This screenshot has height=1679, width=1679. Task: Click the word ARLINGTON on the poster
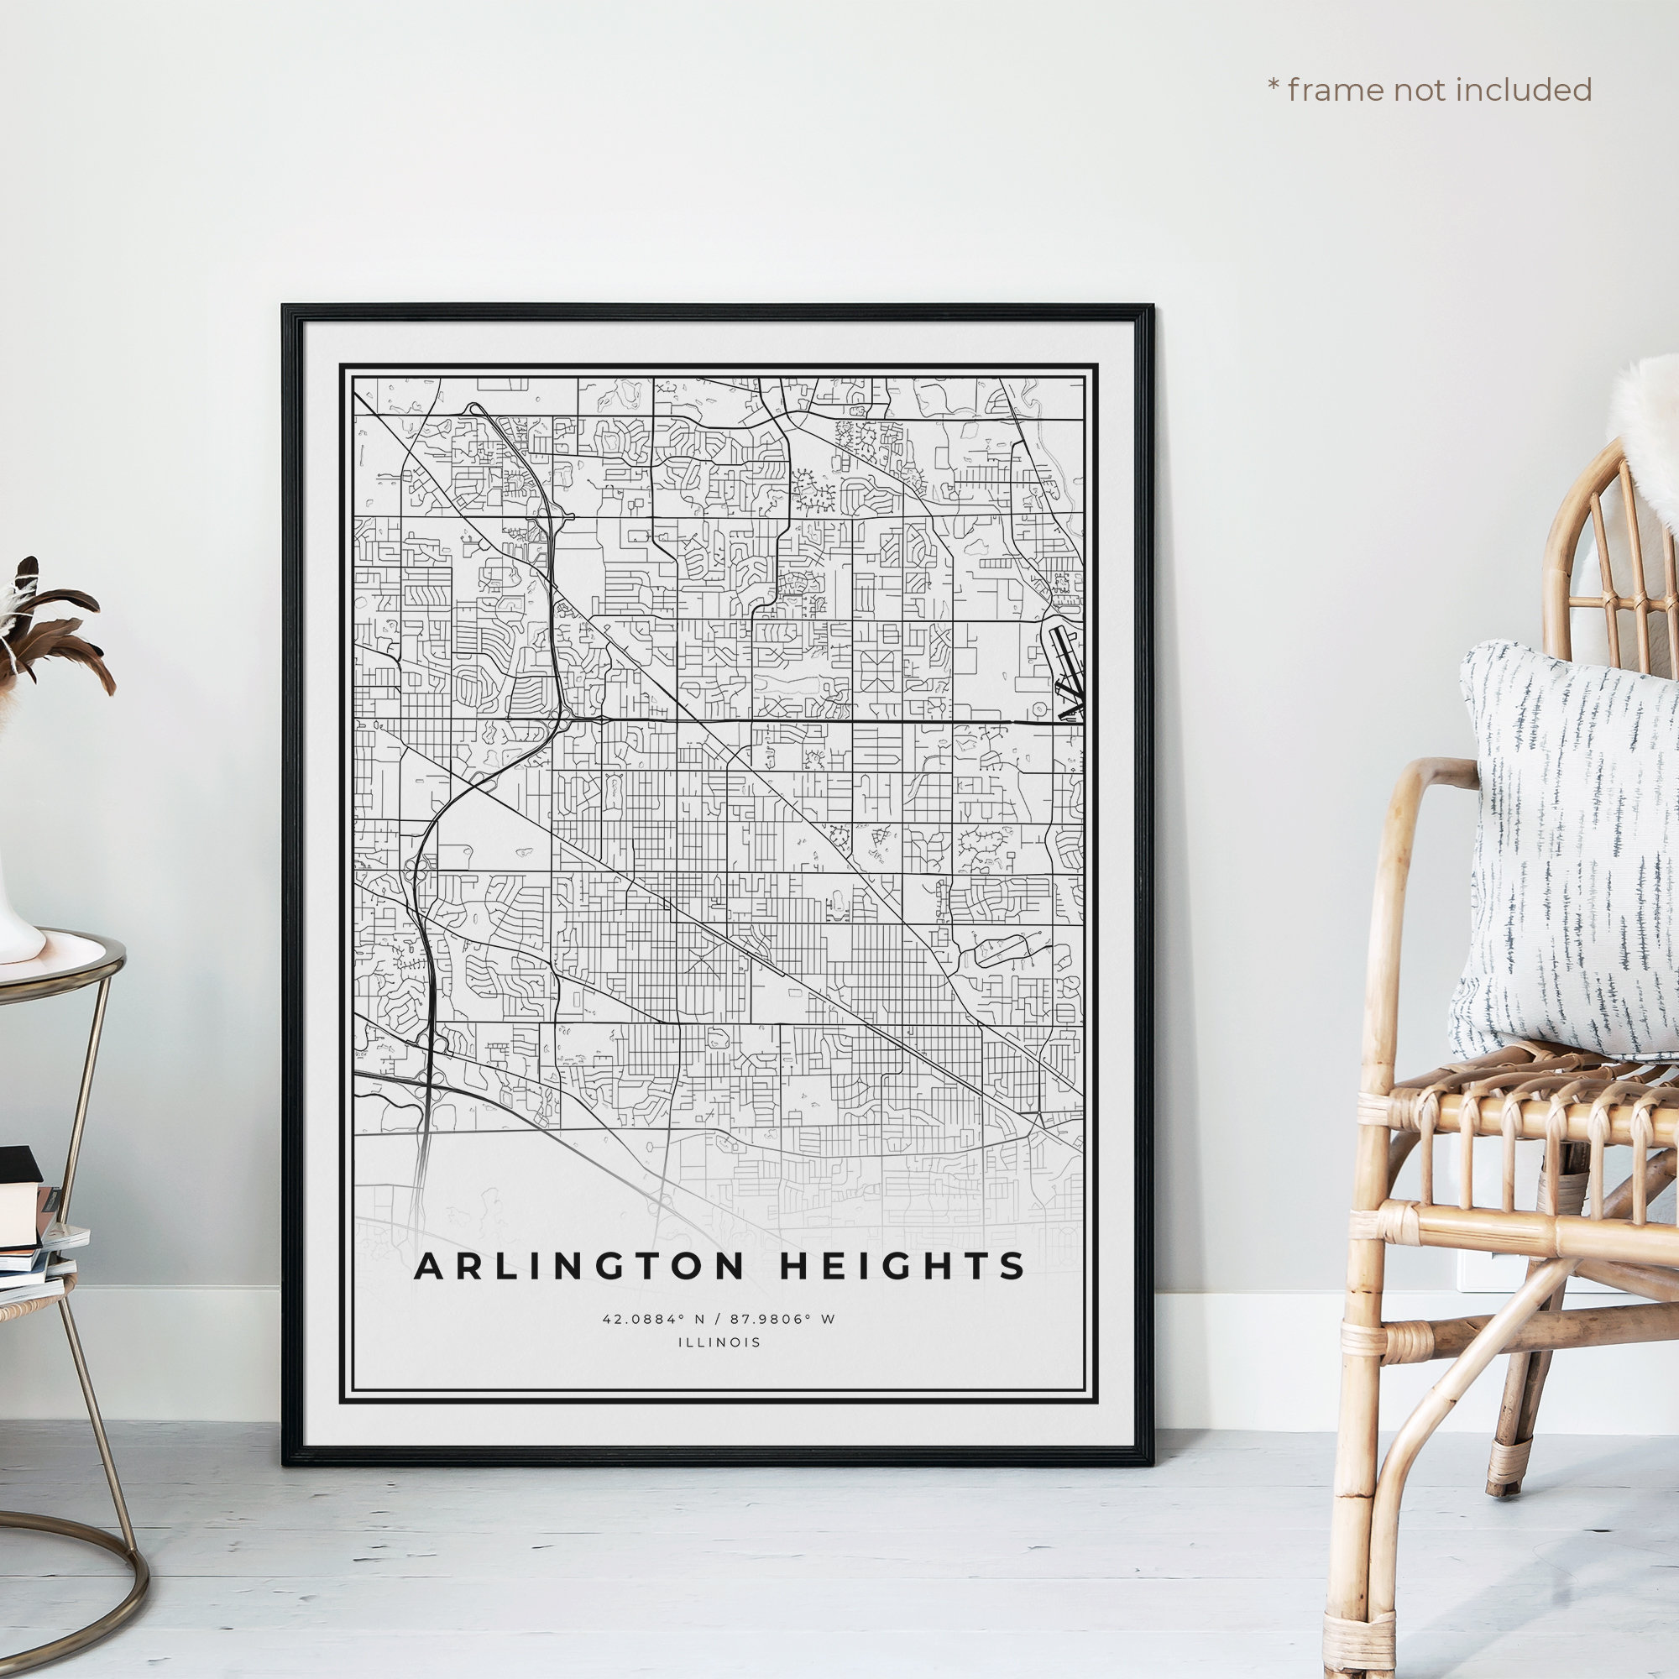(578, 1266)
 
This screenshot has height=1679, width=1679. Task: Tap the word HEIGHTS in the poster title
(902, 1266)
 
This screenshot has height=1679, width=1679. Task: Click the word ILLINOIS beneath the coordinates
(719, 1342)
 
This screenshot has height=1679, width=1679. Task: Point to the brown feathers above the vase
(52, 625)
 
